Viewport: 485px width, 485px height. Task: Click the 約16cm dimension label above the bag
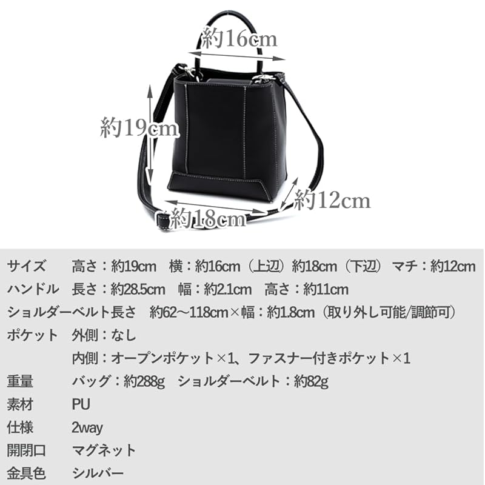(239, 40)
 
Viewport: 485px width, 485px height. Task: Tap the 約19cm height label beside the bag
(139, 128)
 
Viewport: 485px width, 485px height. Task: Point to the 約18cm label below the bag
(208, 218)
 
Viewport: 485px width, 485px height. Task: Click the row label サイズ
(26, 266)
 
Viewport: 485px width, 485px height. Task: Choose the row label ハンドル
(33, 289)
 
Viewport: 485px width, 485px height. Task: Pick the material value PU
(81, 404)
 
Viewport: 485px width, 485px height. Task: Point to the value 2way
(87, 427)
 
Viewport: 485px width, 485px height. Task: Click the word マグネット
(104, 450)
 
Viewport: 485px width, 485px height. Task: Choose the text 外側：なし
(104, 335)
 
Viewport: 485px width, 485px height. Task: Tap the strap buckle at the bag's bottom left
(162, 217)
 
